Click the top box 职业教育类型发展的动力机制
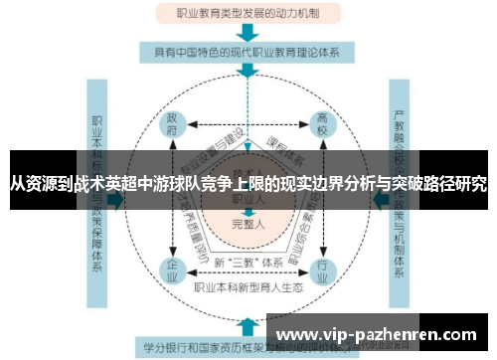click(x=248, y=13)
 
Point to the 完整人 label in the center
click(x=248, y=224)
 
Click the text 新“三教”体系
click(x=248, y=262)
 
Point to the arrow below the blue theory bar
click(x=248, y=73)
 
